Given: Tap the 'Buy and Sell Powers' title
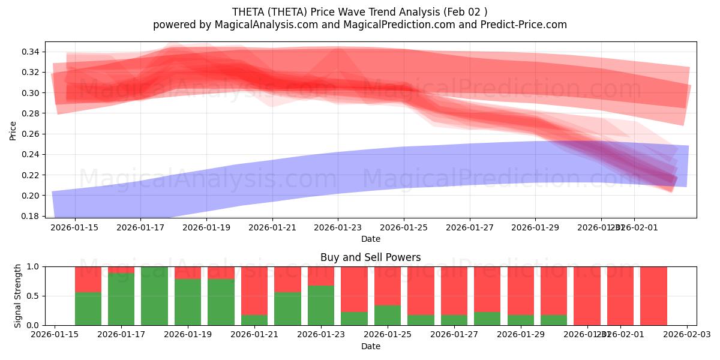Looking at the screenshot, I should (x=370, y=257).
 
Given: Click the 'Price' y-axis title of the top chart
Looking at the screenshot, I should (x=13, y=130).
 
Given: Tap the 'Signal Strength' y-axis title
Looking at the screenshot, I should (x=18, y=295).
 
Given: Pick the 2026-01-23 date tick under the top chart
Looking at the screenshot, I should (x=338, y=227).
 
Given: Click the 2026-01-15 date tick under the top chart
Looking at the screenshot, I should (x=74, y=227).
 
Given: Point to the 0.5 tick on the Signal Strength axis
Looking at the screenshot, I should (x=32, y=296).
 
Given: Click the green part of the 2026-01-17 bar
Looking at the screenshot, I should (x=121, y=300).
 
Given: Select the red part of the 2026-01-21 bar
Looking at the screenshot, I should (x=254, y=288).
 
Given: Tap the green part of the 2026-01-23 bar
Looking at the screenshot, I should (x=321, y=306).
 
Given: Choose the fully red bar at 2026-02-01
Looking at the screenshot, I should (x=620, y=296).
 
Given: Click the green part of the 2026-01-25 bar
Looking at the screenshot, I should (x=388, y=316).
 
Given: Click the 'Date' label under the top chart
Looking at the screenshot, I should (x=370, y=239).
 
